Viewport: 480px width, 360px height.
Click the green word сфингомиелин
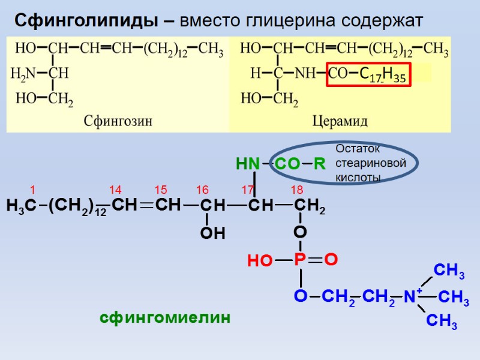[x=165, y=318]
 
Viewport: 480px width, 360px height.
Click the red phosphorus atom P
[x=300, y=260]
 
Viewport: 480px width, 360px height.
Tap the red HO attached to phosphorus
[x=259, y=261]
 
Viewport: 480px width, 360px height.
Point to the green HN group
[x=248, y=164]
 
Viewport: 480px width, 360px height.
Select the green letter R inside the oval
[x=319, y=164]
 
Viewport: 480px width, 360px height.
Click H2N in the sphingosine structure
[x=24, y=74]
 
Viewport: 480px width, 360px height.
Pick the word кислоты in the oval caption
[x=359, y=178]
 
